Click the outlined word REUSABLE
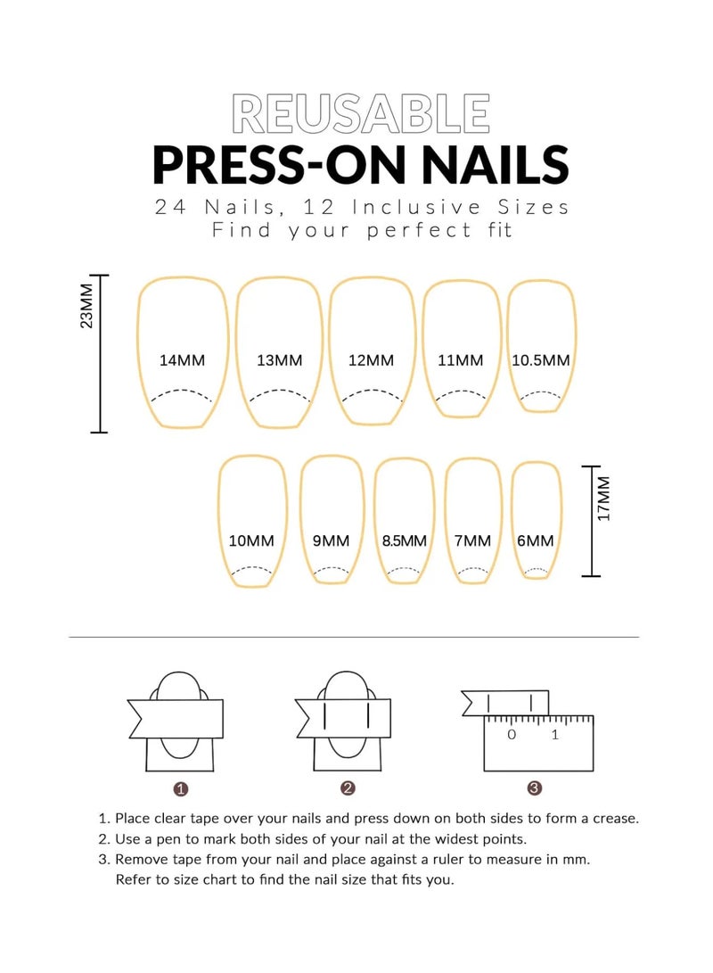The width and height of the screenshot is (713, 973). [x=360, y=114]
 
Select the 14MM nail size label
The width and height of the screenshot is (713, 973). [x=182, y=360]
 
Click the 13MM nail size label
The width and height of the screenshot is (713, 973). [x=279, y=360]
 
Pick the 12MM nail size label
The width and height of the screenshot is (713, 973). [x=371, y=360]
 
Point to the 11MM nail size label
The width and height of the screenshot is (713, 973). [x=460, y=360]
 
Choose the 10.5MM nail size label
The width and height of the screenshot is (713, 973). [x=540, y=360]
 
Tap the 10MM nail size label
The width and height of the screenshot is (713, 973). [x=251, y=540]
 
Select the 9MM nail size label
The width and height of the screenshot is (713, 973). [x=331, y=540]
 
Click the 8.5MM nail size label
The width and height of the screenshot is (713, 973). [x=404, y=540]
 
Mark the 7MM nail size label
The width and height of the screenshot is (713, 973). [x=471, y=540]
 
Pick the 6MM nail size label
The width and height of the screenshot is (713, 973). [x=535, y=540]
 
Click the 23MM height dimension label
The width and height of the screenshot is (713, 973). [x=86, y=309]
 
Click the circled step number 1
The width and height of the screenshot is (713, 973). [x=181, y=788]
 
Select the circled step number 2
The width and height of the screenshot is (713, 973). [x=348, y=788]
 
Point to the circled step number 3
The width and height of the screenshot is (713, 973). [x=534, y=788]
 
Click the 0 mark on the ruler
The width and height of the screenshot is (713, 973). [x=512, y=735]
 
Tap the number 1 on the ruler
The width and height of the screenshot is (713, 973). [x=554, y=735]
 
